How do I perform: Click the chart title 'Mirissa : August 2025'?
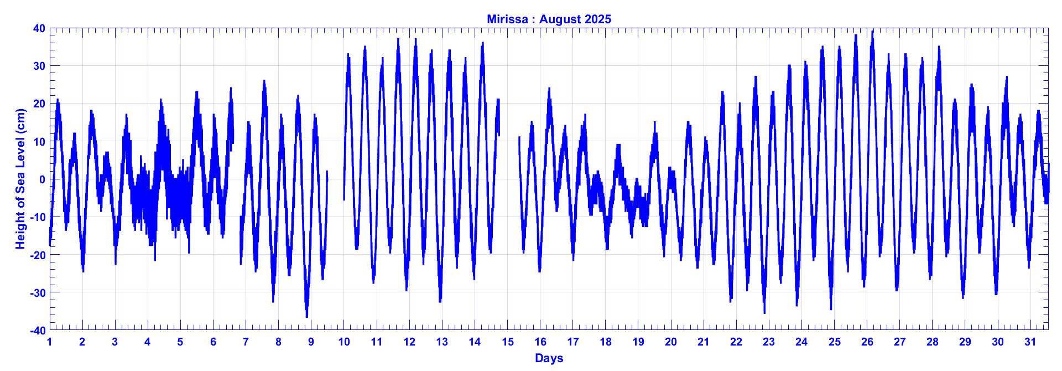[x=549, y=19]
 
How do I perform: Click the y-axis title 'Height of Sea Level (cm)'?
[x=21, y=178]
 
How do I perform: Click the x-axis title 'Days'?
[x=549, y=358]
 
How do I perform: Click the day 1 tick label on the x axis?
[x=50, y=342]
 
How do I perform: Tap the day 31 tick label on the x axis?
[x=1030, y=342]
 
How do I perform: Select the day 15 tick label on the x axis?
[x=507, y=342]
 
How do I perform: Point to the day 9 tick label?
[x=311, y=342]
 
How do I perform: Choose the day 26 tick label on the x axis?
[x=867, y=342]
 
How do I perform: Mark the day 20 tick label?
[x=671, y=342]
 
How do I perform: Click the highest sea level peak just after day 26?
[x=873, y=32]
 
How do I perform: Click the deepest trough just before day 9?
[x=307, y=316]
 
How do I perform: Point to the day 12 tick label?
[x=409, y=342]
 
